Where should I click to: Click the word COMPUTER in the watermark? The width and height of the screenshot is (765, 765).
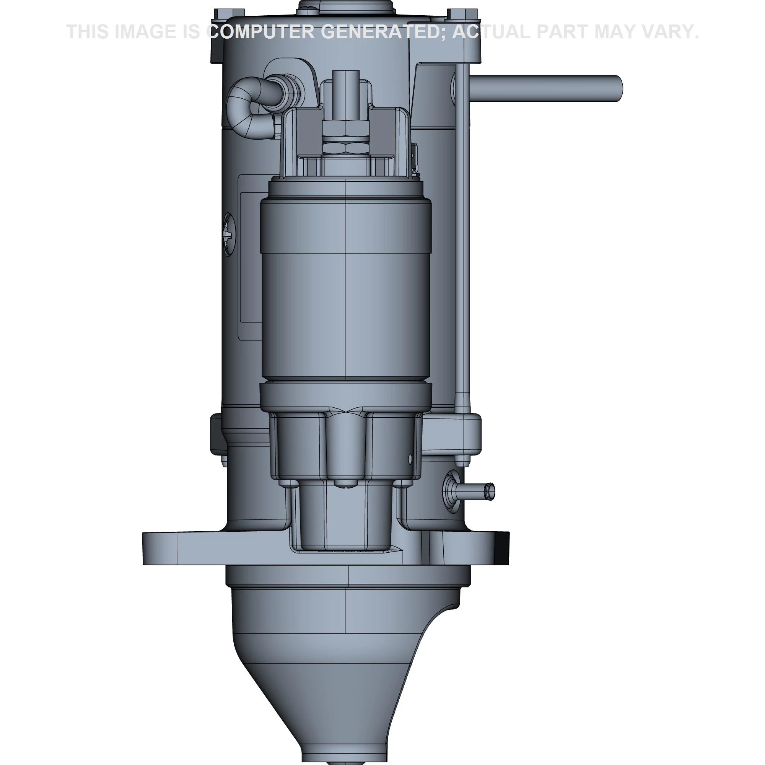tap(261, 32)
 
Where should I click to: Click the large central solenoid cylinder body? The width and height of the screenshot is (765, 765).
tap(346, 289)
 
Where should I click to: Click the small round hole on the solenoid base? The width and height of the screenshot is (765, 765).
tap(410, 459)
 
